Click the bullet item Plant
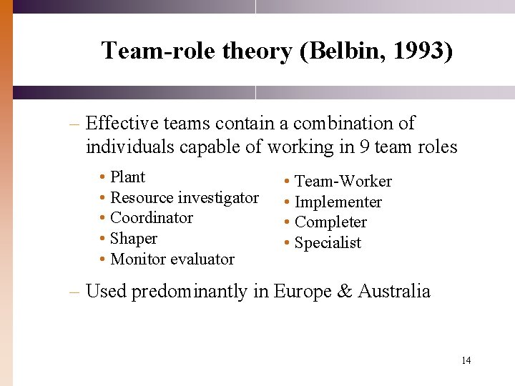(x=127, y=177)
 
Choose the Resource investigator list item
(x=185, y=197)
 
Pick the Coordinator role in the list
(x=152, y=218)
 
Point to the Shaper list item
(x=134, y=239)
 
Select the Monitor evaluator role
(x=172, y=259)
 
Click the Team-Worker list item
(x=343, y=182)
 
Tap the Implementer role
(x=338, y=202)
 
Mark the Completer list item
(x=330, y=222)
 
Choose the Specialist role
(x=328, y=243)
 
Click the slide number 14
(x=466, y=360)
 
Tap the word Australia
(x=394, y=292)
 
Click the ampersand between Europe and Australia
(x=345, y=292)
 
